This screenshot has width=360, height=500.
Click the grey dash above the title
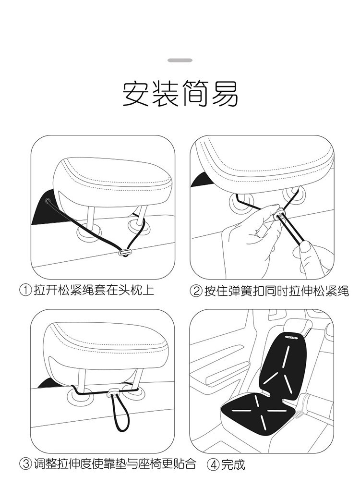click(x=180, y=60)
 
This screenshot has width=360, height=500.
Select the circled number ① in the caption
click(x=25, y=290)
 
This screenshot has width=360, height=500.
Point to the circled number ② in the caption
click(x=196, y=291)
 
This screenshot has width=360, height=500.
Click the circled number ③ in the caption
click(x=25, y=463)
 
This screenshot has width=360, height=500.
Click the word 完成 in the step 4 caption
click(x=233, y=464)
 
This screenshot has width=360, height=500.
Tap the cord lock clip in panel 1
click(x=124, y=253)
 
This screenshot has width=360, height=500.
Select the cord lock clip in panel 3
click(x=113, y=393)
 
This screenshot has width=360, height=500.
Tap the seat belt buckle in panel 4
click(x=299, y=414)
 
